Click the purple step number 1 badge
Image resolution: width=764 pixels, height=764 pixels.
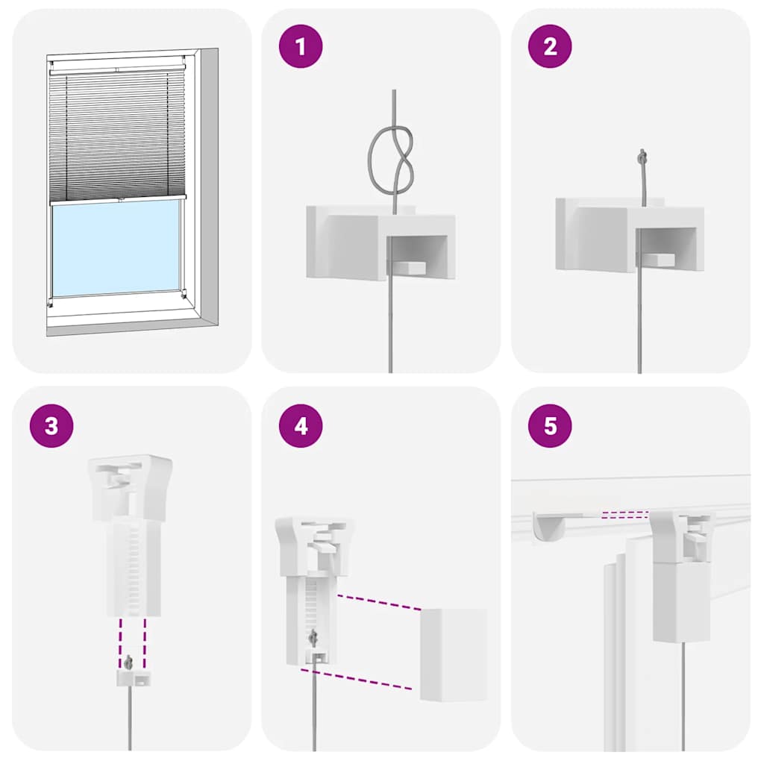tap(301, 46)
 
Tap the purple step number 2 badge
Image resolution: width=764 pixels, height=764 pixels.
tap(550, 46)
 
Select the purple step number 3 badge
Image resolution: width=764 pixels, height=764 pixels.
tap(51, 425)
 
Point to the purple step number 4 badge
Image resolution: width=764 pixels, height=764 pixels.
tap(301, 425)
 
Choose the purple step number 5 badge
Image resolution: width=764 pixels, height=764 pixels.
tap(550, 425)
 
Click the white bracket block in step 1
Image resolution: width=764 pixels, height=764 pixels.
tap(351, 242)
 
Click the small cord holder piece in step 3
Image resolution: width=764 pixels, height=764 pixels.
tap(131, 678)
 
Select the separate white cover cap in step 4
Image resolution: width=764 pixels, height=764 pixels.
tap(453, 654)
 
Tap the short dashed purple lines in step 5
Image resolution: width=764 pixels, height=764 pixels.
tap(625, 513)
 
